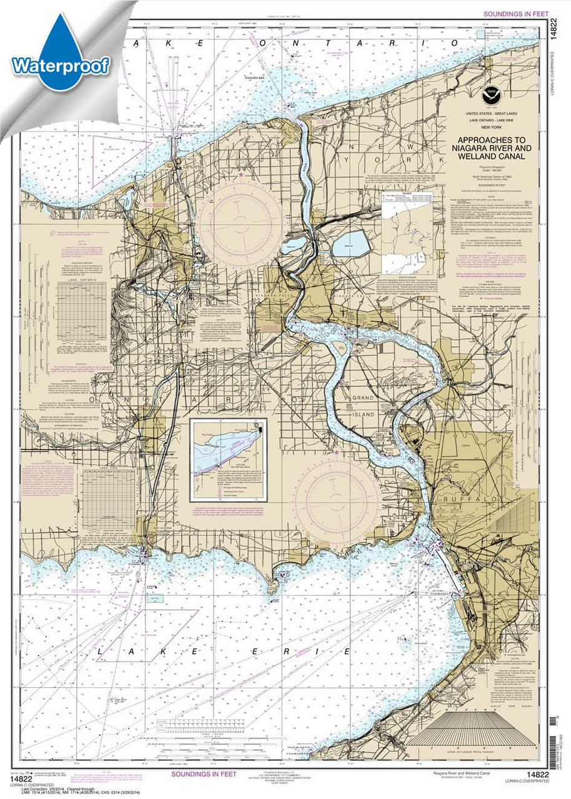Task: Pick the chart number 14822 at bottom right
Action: point(537,775)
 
